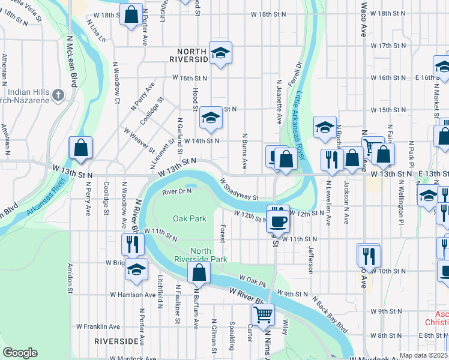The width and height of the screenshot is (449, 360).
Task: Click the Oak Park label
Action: tap(190, 218)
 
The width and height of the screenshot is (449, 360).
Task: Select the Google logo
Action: tap(20, 353)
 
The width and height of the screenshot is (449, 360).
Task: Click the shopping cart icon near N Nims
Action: tap(263, 314)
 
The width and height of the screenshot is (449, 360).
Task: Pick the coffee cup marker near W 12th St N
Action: tap(277, 220)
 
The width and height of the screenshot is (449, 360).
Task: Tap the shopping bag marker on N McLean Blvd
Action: tap(80, 148)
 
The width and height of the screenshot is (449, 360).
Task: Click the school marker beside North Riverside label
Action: tap(220, 53)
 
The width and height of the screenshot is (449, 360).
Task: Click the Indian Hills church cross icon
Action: tap(58, 94)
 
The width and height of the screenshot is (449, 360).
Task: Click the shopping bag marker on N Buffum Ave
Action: tap(199, 272)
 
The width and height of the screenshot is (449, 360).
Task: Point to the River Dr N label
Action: tap(176, 191)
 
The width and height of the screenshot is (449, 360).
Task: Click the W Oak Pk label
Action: tap(252, 279)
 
